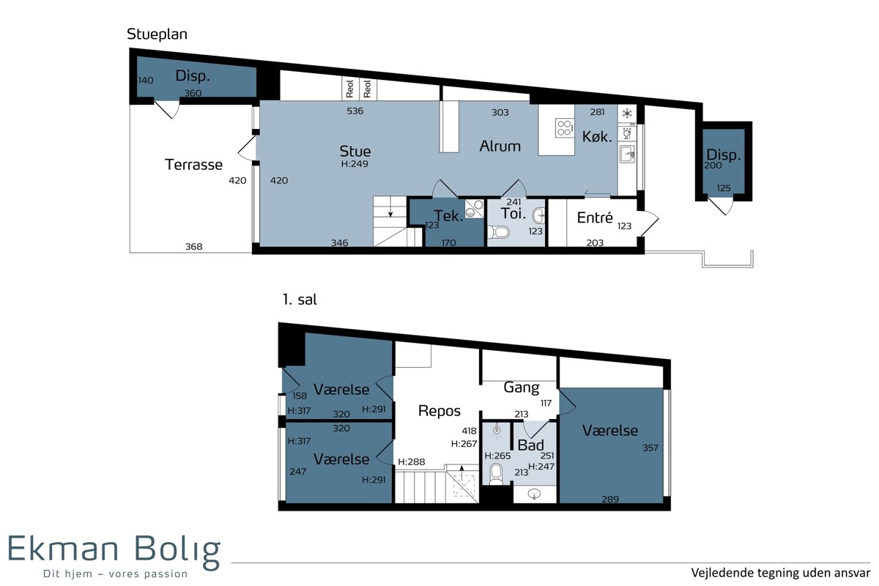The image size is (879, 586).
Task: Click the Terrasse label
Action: (x=193, y=165)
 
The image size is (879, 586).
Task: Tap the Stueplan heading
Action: (x=157, y=34)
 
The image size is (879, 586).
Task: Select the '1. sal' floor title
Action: (x=300, y=300)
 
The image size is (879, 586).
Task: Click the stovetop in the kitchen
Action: (x=565, y=128)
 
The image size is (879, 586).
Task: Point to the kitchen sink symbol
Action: (x=627, y=154)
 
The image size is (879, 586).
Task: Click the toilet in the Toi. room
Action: (x=498, y=232)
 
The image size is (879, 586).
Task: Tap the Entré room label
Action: (x=595, y=218)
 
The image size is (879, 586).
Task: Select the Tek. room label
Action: (x=448, y=216)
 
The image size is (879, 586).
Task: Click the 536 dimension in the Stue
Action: (x=355, y=111)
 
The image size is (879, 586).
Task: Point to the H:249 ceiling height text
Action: (x=355, y=163)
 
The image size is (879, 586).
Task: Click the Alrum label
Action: (x=500, y=146)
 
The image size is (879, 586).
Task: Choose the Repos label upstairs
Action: (x=439, y=411)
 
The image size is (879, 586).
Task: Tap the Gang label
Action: (x=522, y=387)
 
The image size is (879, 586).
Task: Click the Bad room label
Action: (x=530, y=445)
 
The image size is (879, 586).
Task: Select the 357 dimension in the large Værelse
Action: (x=650, y=448)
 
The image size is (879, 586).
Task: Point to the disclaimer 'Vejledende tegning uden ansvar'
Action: (x=781, y=573)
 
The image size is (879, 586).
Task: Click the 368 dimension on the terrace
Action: (x=194, y=247)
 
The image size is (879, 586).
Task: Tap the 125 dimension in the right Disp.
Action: (x=723, y=188)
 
